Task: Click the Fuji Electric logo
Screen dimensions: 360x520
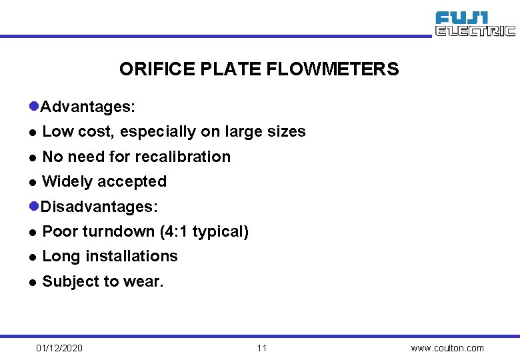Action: click(475, 24)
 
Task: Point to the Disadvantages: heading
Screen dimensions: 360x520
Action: click(99, 207)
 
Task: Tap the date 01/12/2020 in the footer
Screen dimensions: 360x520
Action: click(60, 348)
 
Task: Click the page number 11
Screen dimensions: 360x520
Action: click(261, 348)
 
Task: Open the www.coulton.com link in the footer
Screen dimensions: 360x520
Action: click(447, 348)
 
